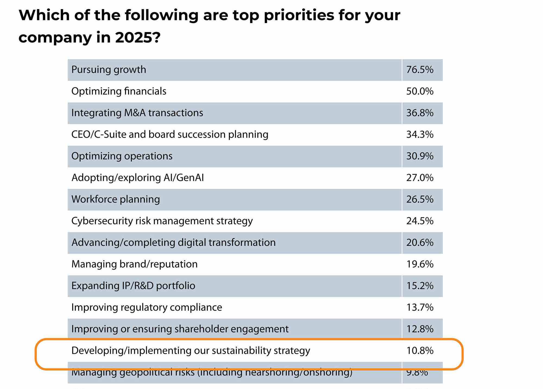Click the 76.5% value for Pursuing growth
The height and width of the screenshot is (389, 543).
tap(419, 70)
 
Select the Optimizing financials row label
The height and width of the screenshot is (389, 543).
tap(119, 91)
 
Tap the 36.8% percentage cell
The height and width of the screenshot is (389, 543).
tap(419, 113)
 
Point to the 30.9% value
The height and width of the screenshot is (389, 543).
tap(419, 156)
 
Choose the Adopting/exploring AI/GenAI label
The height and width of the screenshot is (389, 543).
tap(137, 178)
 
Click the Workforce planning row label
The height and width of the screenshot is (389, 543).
tap(115, 199)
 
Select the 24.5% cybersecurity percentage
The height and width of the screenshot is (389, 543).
tap(419, 221)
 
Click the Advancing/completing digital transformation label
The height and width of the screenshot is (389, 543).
tap(173, 243)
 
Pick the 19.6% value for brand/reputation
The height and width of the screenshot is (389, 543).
tap(419, 264)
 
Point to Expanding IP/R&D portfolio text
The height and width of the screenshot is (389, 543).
tap(133, 286)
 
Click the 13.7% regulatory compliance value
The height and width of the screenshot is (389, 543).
tap(419, 307)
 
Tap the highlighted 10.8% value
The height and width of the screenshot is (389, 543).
tap(419, 351)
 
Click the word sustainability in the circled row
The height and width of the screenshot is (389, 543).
tap(241, 351)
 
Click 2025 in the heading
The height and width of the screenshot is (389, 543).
tap(134, 37)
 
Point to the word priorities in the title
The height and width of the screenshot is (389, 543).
tap(299, 15)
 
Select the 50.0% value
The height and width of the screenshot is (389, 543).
tap(419, 91)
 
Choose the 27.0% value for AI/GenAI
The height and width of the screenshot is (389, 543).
tap(419, 178)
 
